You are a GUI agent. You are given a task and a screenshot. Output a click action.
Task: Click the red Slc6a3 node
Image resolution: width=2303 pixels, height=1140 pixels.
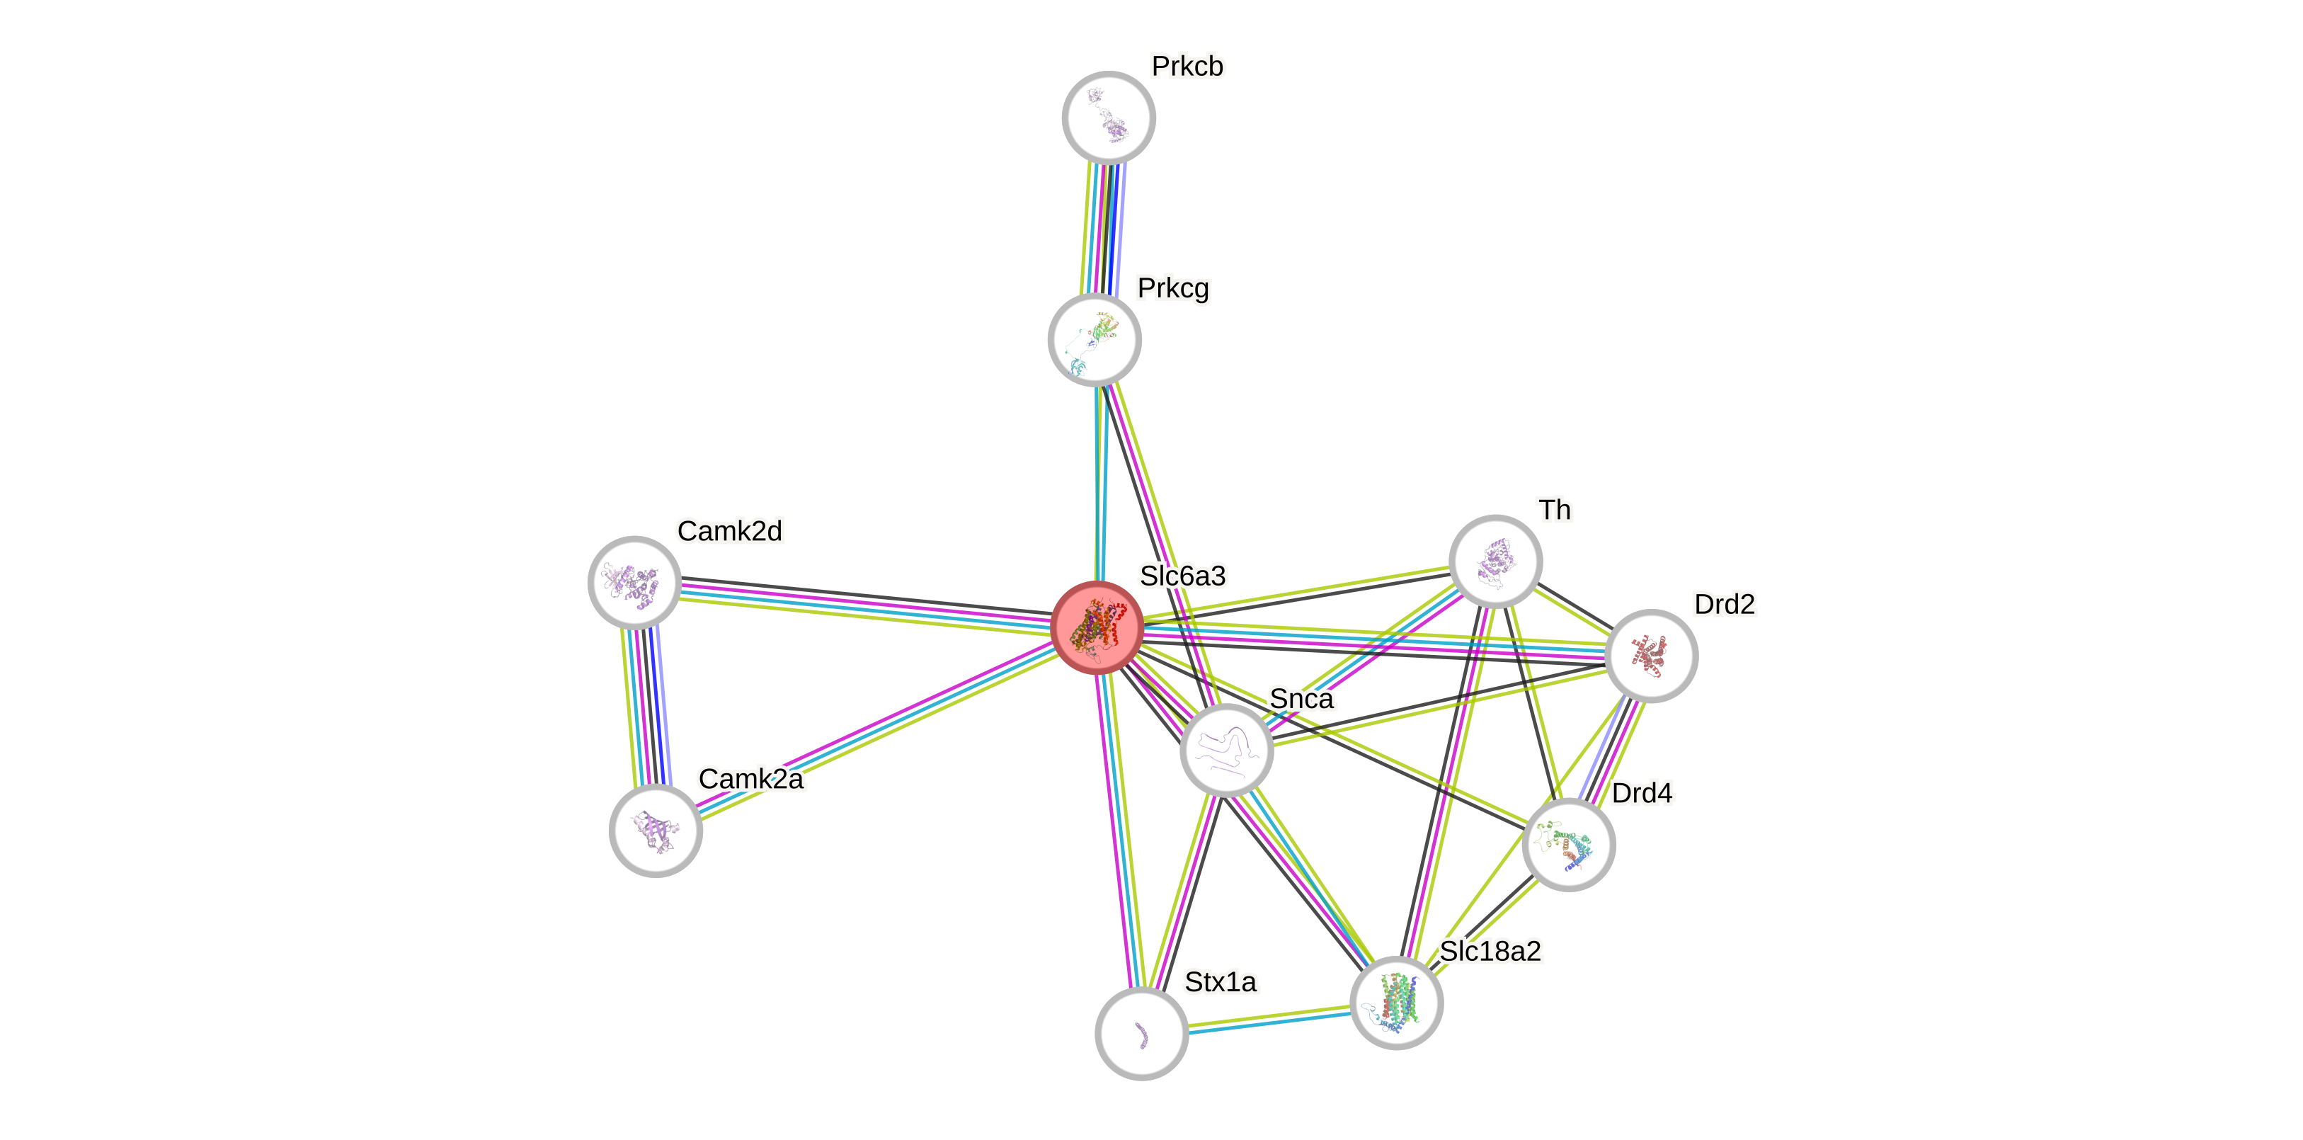pyautogui.click(x=1097, y=627)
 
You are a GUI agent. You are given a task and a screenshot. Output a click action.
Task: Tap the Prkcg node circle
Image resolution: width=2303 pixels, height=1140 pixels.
pyautogui.click(x=1095, y=340)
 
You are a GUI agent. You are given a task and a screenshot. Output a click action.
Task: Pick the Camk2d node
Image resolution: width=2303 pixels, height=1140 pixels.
pyautogui.click(x=635, y=583)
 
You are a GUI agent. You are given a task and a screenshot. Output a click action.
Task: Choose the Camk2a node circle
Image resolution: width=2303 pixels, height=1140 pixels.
pyautogui.click(x=656, y=831)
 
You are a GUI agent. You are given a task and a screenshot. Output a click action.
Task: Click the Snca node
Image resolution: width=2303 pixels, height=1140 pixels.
pyautogui.click(x=1227, y=750)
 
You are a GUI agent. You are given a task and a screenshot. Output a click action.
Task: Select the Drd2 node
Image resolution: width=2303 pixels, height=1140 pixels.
pyautogui.click(x=1651, y=656)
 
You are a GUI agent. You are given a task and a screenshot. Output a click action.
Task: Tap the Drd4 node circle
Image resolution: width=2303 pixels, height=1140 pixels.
pyautogui.click(x=1568, y=845)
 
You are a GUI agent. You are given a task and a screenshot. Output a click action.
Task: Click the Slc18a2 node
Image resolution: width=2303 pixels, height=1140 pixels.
pyautogui.click(x=1397, y=1003)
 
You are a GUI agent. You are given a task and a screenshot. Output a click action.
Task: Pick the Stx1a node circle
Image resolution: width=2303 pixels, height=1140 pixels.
pyautogui.click(x=1142, y=1034)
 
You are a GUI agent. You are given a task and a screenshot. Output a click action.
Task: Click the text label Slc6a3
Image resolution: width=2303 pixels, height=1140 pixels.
pyautogui.click(x=1182, y=576)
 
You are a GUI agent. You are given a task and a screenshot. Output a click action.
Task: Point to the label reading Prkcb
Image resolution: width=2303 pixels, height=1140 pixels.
pyautogui.click(x=1187, y=66)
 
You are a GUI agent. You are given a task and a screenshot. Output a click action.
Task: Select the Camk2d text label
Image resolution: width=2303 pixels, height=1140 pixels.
pyautogui.click(x=729, y=531)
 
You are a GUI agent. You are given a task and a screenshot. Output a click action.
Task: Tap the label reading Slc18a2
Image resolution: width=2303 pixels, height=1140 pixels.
pyautogui.click(x=1490, y=952)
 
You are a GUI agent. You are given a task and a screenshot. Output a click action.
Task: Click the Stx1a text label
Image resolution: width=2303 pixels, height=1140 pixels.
pyautogui.click(x=1221, y=981)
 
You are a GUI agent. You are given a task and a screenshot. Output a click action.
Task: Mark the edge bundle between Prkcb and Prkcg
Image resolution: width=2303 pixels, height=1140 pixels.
pyautogui.click(x=1103, y=229)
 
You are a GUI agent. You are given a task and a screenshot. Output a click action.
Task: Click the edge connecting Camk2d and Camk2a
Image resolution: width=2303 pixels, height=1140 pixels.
pyautogui.click(x=646, y=707)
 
